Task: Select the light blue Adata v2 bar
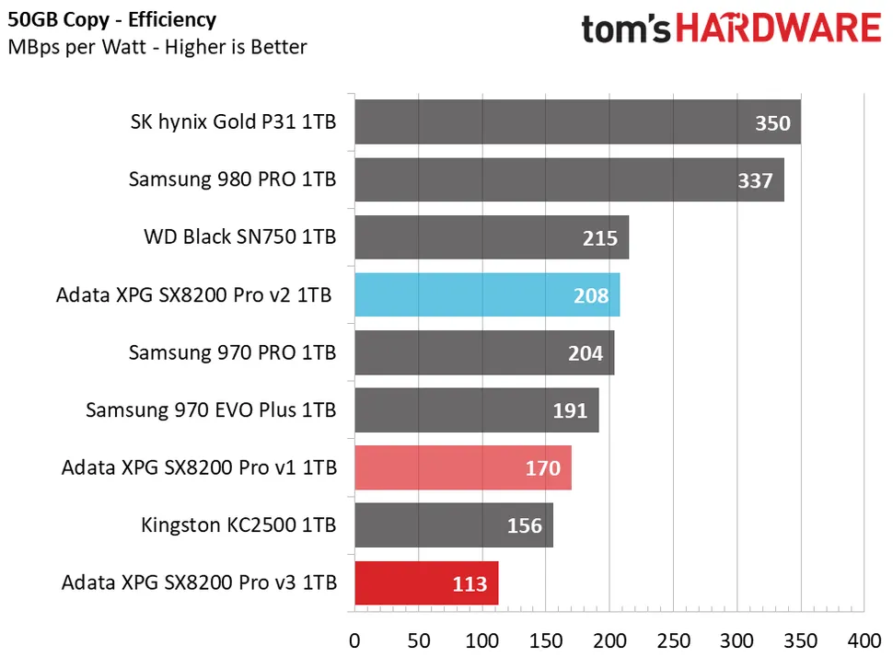[487, 295]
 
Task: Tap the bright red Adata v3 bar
[426, 582]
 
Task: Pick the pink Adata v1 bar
[462, 467]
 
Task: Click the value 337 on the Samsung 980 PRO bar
[755, 180]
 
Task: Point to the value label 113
[470, 583]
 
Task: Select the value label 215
[599, 238]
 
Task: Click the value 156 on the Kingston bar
[525, 525]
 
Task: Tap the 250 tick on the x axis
[673, 639]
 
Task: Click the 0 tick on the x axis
[354, 639]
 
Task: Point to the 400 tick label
[863, 639]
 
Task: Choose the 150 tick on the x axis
[546, 639]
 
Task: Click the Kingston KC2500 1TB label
[238, 525]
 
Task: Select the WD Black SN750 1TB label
[239, 237]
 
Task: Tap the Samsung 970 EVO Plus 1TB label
[211, 410]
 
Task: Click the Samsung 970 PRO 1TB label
[232, 352]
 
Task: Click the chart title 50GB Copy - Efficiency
[113, 19]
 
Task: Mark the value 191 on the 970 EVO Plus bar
[570, 410]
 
